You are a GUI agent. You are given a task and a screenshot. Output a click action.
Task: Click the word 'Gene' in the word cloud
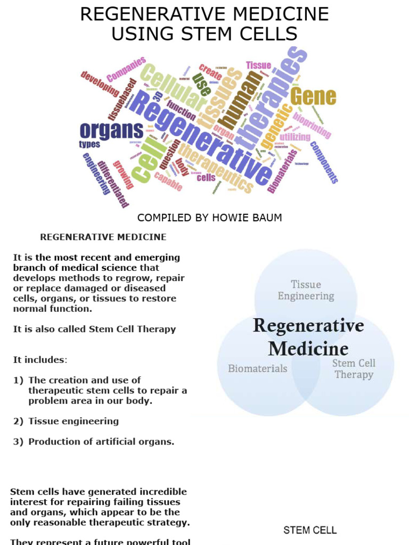(x=313, y=96)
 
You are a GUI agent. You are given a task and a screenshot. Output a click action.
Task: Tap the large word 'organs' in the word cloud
(x=111, y=130)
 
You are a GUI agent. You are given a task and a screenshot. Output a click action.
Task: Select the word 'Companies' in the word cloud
(x=126, y=70)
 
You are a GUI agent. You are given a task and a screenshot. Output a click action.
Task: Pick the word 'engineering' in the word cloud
(x=96, y=174)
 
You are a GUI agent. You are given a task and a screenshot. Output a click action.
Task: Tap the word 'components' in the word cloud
(x=324, y=162)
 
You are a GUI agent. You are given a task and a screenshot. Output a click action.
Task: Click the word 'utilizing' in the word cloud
(x=295, y=137)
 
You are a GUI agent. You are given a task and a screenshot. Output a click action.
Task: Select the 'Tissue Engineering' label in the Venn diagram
(x=306, y=290)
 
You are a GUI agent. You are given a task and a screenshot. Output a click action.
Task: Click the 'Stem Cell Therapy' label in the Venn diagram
(x=354, y=369)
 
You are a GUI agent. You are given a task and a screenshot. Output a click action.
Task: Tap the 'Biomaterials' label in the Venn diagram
(x=257, y=368)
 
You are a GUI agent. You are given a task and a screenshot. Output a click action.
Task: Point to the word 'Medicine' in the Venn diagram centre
(x=308, y=349)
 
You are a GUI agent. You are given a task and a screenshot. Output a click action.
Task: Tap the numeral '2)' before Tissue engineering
(x=19, y=421)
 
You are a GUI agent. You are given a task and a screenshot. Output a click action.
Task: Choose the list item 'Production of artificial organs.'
(x=101, y=442)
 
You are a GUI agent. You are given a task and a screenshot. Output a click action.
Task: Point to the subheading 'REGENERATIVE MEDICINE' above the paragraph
(x=103, y=237)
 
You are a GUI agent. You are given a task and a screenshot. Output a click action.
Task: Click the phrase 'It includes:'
(x=40, y=360)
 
